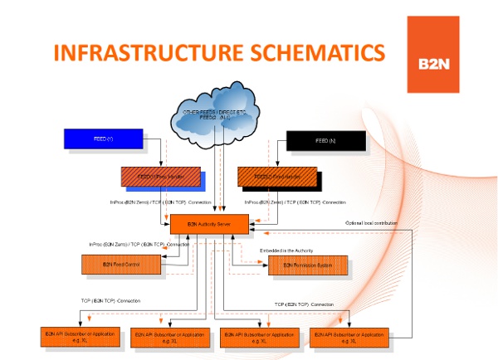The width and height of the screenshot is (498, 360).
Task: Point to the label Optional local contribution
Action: (x=371, y=224)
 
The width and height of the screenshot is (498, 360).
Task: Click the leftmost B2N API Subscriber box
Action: (x=74, y=337)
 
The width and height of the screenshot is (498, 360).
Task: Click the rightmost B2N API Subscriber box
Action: (x=348, y=337)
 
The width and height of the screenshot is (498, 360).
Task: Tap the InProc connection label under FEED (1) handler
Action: (x=160, y=202)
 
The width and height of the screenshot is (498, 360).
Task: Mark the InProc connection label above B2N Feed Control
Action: (x=139, y=244)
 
